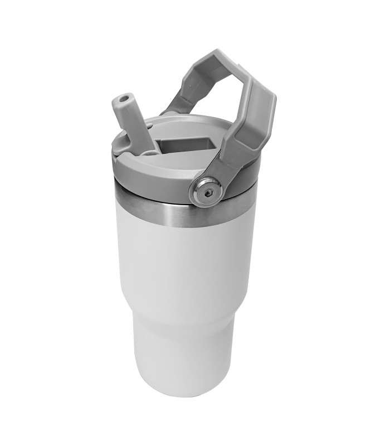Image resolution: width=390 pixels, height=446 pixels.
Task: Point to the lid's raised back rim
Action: [189, 119]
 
